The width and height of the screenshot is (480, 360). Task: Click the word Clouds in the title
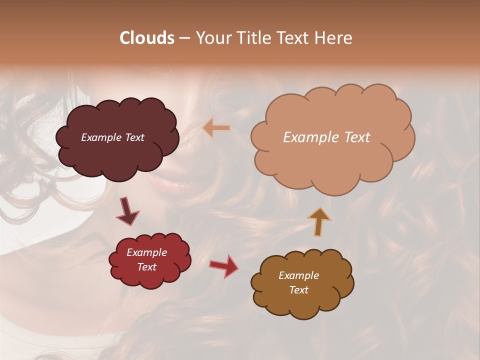pyautogui.click(x=147, y=38)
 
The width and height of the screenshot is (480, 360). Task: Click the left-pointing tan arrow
pyautogui.click(x=216, y=128)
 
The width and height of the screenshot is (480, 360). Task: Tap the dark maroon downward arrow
pyautogui.click(x=127, y=211)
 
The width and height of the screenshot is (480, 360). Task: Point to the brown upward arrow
pyautogui.click(x=318, y=221)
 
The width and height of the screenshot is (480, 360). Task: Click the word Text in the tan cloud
pyautogui.click(x=353, y=137)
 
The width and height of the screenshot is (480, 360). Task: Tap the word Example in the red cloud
pyautogui.click(x=146, y=252)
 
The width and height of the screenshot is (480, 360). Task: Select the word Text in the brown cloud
pyautogui.click(x=299, y=290)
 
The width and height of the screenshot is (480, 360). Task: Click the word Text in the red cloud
pyautogui.click(x=147, y=267)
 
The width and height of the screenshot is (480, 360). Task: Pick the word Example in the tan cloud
pyautogui.click(x=306, y=137)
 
